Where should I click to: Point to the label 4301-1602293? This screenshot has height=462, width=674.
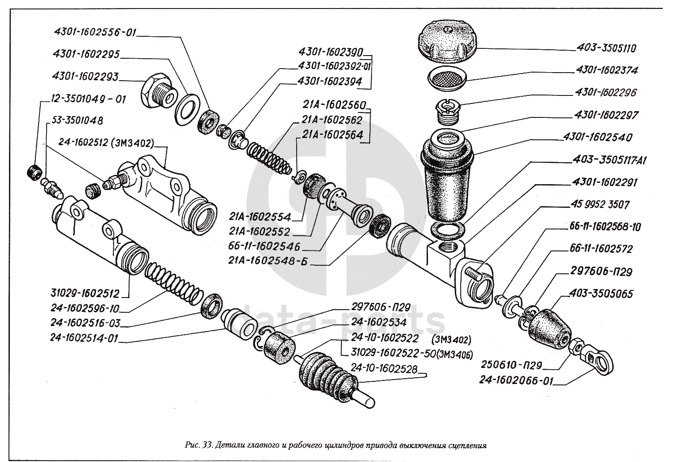(85, 77)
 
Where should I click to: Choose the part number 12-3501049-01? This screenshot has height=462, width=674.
(84, 99)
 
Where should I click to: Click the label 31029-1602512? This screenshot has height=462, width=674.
(85, 294)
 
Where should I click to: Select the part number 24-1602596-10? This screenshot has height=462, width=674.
(86, 309)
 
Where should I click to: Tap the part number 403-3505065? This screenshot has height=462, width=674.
(601, 294)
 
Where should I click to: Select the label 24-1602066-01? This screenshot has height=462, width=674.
(516, 381)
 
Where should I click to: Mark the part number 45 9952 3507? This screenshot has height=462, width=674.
(601, 205)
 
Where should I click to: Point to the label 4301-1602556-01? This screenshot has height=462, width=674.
(95, 33)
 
